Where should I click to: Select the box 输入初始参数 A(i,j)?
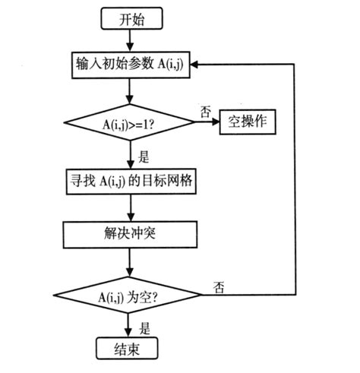pyautogui.click(x=131, y=65)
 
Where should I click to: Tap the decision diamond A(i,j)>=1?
pyautogui.click(x=131, y=122)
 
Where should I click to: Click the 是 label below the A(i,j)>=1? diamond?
pyautogui.click(x=144, y=158)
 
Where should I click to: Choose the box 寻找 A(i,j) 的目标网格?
pyautogui.click(x=131, y=180)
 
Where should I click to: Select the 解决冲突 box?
pyautogui.click(x=131, y=234)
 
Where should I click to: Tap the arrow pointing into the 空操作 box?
pyautogui.click(x=210, y=122)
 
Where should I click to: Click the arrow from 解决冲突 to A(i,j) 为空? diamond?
pyautogui.click(x=131, y=261)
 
